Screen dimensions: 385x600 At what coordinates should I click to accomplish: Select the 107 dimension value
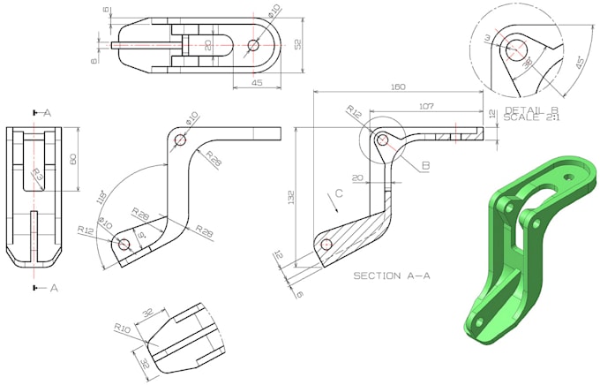click(426, 106)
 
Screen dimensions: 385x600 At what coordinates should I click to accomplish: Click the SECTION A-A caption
click(392, 276)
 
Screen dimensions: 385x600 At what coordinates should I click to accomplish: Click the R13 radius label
click(38, 175)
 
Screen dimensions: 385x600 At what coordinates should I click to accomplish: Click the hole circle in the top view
click(253, 45)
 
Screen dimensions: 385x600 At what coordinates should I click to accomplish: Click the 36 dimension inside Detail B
click(527, 64)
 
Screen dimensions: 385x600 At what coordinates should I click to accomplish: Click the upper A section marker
click(45, 112)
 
